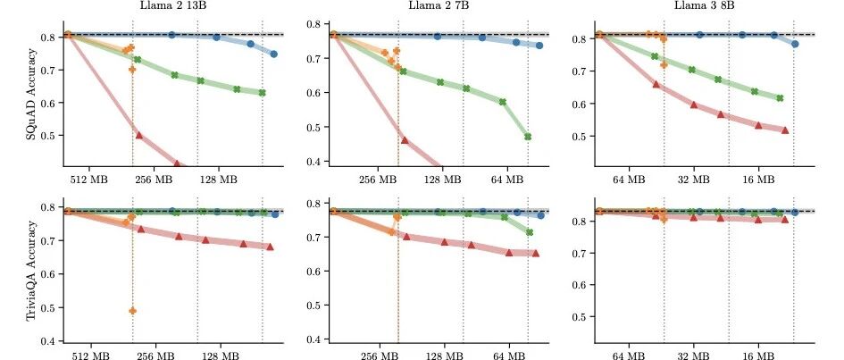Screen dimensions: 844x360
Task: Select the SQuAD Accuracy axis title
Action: point(32,94)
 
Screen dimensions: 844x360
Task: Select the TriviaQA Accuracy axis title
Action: point(32,272)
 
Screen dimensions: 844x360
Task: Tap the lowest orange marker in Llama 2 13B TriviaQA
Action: point(132,311)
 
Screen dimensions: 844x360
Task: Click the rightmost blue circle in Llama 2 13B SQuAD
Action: point(273,54)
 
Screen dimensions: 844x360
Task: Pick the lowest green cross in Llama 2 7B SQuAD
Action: point(528,137)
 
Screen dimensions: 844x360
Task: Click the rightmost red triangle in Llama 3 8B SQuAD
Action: point(785,130)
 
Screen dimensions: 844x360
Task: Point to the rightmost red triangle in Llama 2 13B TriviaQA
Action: point(270,247)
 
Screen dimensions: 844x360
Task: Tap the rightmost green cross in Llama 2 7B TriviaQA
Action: point(529,232)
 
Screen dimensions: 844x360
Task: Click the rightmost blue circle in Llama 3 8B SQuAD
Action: point(795,44)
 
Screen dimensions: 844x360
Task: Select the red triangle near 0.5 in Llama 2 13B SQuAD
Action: point(139,135)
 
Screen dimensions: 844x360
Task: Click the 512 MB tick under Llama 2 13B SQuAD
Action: point(89,180)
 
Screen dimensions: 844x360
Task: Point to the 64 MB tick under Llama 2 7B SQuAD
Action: point(507,180)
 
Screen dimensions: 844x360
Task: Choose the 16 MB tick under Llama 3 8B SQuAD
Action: point(758,180)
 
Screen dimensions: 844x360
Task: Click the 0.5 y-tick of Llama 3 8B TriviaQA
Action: point(581,316)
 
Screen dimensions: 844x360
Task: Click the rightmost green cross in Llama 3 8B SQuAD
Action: point(780,98)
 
